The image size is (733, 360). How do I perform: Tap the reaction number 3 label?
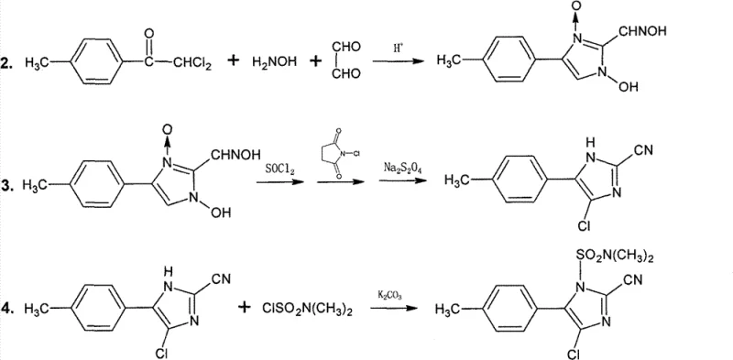7,185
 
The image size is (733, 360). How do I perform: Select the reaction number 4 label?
7,309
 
